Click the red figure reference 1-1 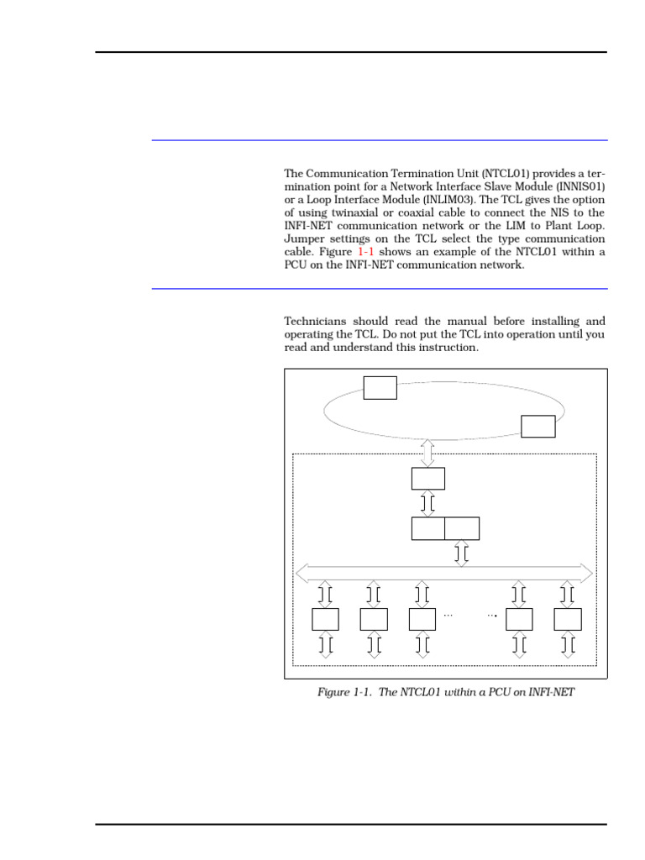coord(368,252)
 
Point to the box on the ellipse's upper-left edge coord(380,388)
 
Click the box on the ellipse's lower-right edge coord(537,426)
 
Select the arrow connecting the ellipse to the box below coord(427,452)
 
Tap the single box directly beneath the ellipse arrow coord(427,478)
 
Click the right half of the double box coord(462,528)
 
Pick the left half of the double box coord(427,528)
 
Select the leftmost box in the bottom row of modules coord(325,619)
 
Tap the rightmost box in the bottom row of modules coord(568,619)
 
